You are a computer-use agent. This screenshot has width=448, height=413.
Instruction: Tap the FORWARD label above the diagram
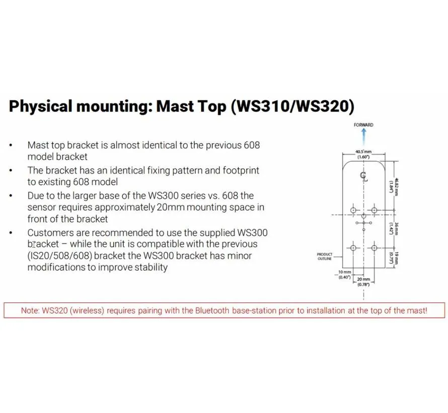[x=363, y=125]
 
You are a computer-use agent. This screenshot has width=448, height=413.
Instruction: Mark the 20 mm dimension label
[x=363, y=282]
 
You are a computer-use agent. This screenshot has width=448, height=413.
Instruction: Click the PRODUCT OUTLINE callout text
[x=324, y=256]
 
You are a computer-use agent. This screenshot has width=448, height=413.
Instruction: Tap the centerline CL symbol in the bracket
[x=363, y=175]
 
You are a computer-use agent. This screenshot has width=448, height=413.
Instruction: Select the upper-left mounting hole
[x=353, y=209]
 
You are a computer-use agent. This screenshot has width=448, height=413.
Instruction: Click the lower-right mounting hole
[x=374, y=247]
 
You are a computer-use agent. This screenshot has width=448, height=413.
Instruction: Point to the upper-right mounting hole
[x=374, y=209]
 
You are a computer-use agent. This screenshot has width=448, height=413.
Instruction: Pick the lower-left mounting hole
[x=353, y=247]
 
